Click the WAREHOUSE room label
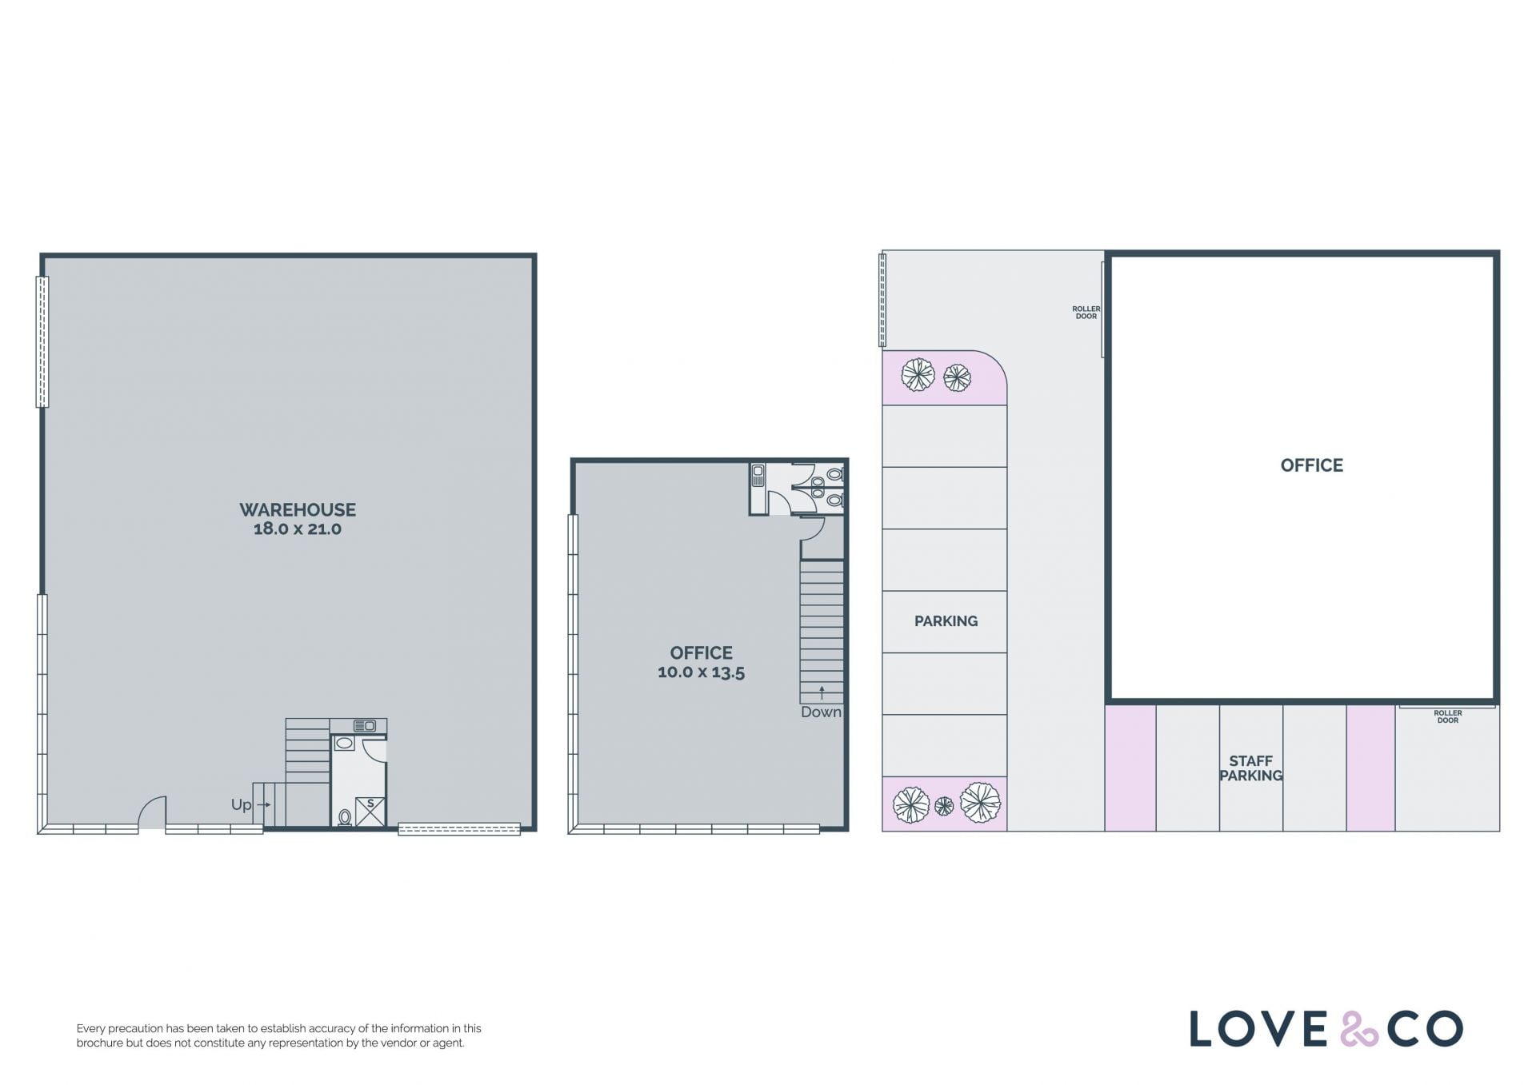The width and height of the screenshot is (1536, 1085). (298, 509)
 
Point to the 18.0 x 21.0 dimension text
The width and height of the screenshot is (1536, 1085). (298, 529)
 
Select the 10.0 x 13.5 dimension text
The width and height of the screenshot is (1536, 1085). (701, 672)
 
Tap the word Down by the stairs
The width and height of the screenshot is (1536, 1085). (821, 712)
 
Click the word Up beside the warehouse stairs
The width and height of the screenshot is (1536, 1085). (241, 805)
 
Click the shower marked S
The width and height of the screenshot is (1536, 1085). (370, 812)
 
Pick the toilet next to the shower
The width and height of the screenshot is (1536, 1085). (345, 817)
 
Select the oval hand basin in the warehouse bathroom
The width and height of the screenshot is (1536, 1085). (345, 744)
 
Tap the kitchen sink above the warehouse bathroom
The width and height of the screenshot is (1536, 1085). (365, 726)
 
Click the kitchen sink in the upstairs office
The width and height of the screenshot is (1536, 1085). (758, 476)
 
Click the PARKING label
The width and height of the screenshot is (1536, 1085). (946, 621)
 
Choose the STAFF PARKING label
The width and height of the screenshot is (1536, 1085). (1250, 768)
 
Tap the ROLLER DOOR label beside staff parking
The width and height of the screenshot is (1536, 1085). (1448, 716)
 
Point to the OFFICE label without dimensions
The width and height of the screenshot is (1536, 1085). (1312, 465)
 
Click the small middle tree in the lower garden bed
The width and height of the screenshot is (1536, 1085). (944, 806)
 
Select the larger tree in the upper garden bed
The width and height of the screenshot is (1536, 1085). (918, 374)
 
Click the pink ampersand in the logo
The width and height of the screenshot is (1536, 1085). (1359, 1029)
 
